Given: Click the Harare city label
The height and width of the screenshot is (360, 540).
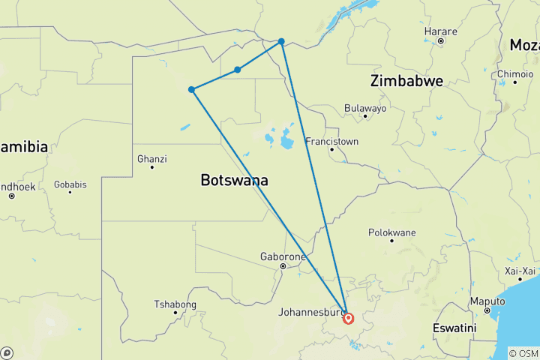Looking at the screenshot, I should point(440,31).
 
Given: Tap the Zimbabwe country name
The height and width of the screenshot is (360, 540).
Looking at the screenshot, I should point(406,81).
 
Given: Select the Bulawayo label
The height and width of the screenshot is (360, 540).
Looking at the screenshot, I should point(365,108).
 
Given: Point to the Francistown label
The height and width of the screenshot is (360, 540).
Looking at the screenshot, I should point(331,141).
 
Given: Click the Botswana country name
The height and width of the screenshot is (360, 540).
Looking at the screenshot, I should point(235,180).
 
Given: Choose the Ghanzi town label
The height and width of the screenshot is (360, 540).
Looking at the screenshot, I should point(152,159).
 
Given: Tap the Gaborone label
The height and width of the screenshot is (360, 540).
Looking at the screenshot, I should point(283,256).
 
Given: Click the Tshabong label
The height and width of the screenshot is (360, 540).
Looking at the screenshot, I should point(175,304).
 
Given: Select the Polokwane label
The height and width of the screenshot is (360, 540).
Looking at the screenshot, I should point(391,232).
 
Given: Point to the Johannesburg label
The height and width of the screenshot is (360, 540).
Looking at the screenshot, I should point(310,311).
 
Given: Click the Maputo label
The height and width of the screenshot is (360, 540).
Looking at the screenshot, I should point(487,301).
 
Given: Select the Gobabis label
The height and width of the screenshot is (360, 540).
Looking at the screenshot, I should point(70,184).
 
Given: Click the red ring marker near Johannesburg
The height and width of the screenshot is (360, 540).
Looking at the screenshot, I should point(349,318).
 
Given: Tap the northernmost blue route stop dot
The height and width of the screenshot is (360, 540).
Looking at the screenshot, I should point(281,41).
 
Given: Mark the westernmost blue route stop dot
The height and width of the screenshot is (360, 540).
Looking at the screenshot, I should point(192,89).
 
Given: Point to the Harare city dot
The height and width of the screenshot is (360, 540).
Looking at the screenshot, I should point(440,40).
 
